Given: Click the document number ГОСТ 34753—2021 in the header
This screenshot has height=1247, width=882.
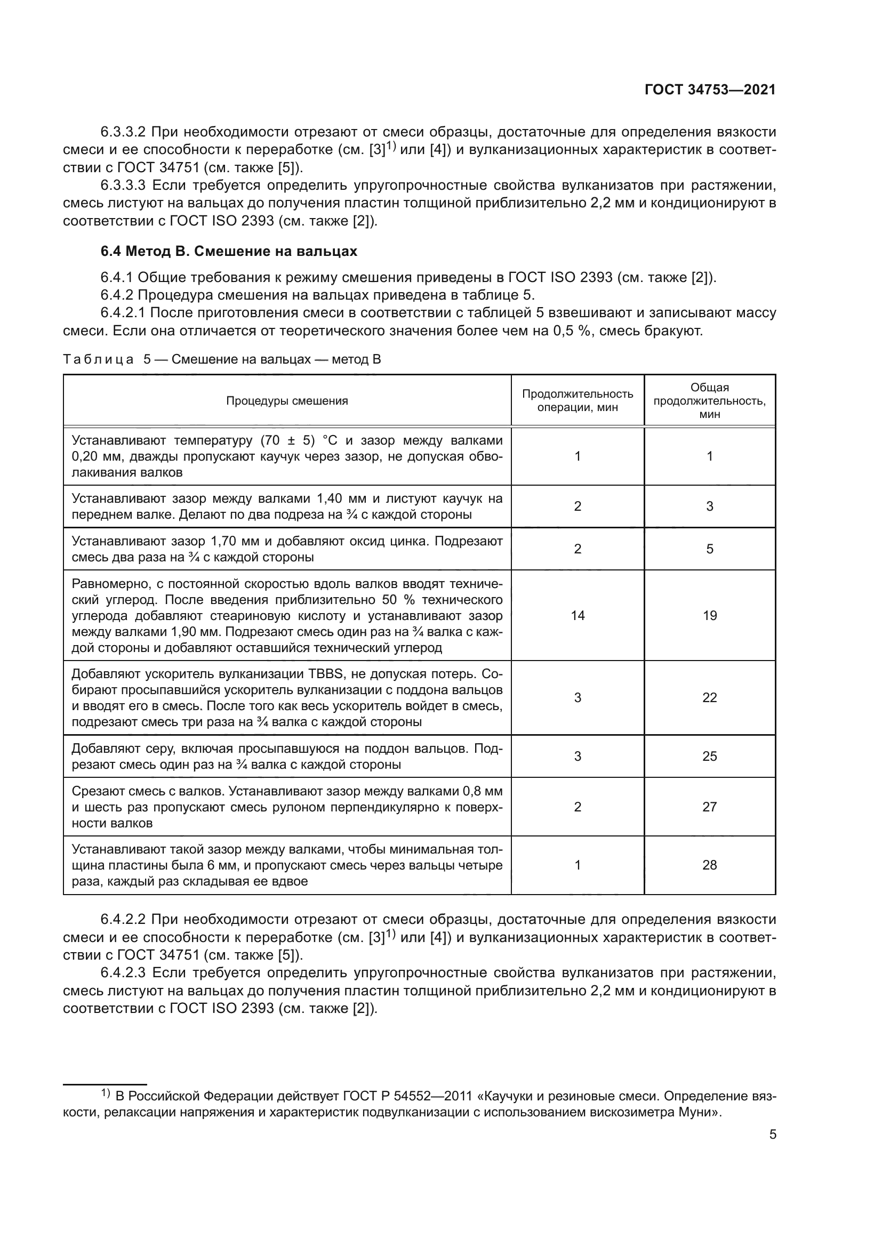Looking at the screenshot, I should click(x=710, y=90).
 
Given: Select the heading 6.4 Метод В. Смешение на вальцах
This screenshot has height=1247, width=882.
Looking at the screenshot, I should click(x=229, y=251).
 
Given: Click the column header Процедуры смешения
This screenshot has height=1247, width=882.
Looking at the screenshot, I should click(x=287, y=401).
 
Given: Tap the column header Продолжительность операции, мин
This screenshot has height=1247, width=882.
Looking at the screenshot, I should click(x=578, y=400).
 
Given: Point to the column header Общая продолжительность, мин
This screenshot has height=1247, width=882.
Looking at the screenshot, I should click(x=709, y=400).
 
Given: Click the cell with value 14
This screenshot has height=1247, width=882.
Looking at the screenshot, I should click(x=578, y=615).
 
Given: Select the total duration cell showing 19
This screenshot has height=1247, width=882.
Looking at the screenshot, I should click(x=709, y=615).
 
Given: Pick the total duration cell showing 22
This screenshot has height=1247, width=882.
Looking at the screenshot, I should click(x=709, y=697).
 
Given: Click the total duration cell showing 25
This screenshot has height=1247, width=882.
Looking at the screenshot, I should click(x=709, y=756).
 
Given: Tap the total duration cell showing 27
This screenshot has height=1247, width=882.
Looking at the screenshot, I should click(x=709, y=807).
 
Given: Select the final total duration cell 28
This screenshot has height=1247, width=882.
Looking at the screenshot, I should click(x=709, y=865).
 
